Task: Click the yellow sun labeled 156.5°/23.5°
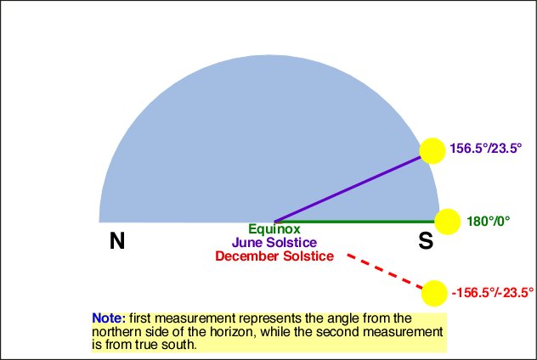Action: pos(432,151)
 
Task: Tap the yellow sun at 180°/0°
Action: pos(447,222)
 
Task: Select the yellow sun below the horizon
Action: pos(434,293)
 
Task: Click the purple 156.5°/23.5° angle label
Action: pos(486,149)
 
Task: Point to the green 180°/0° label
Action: pos(489,222)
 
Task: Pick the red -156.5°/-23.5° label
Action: pos(493,293)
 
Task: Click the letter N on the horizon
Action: pos(117,240)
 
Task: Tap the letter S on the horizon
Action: pos(426,240)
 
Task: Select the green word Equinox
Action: pos(274,229)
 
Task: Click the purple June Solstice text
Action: pos(274,242)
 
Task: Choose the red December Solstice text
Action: pos(274,256)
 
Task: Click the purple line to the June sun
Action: pos(348,189)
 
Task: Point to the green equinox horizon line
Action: pos(355,222)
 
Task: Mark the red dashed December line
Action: pos(385,272)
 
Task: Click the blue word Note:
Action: pos(109,318)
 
